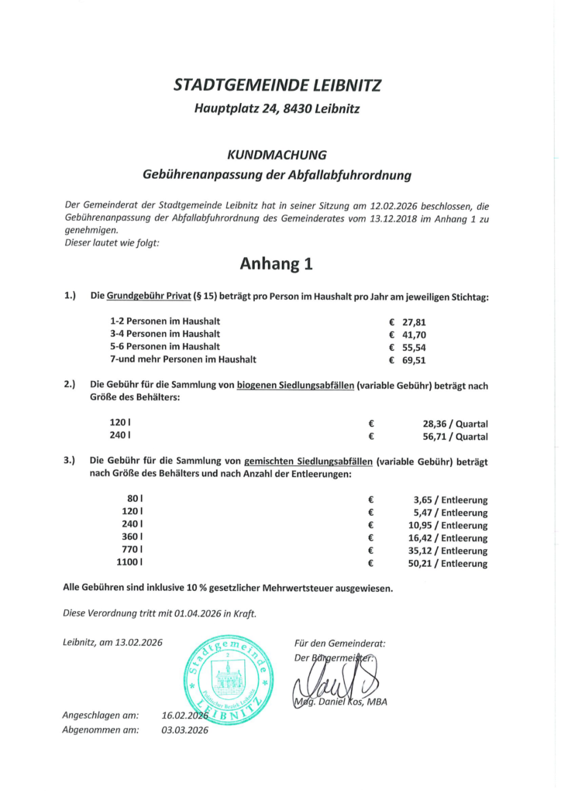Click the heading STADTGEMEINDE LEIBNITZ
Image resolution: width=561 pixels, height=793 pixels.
click(277, 85)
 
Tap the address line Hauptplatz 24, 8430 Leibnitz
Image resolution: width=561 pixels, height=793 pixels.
click(277, 109)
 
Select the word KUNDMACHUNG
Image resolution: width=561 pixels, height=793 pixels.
click(277, 155)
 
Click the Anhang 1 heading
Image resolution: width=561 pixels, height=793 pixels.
click(276, 264)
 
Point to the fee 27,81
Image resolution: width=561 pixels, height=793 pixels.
click(414, 321)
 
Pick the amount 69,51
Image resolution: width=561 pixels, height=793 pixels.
click(414, 360)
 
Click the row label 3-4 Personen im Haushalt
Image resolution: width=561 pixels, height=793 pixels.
click(165, 334)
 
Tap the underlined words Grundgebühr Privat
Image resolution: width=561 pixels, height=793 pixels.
click(148, 297)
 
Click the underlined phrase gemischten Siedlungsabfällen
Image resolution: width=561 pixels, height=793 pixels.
click(309, 461)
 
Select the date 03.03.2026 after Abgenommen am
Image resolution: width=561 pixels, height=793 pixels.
click(186, 729)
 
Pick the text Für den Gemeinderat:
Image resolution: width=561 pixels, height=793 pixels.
click(339, 643)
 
